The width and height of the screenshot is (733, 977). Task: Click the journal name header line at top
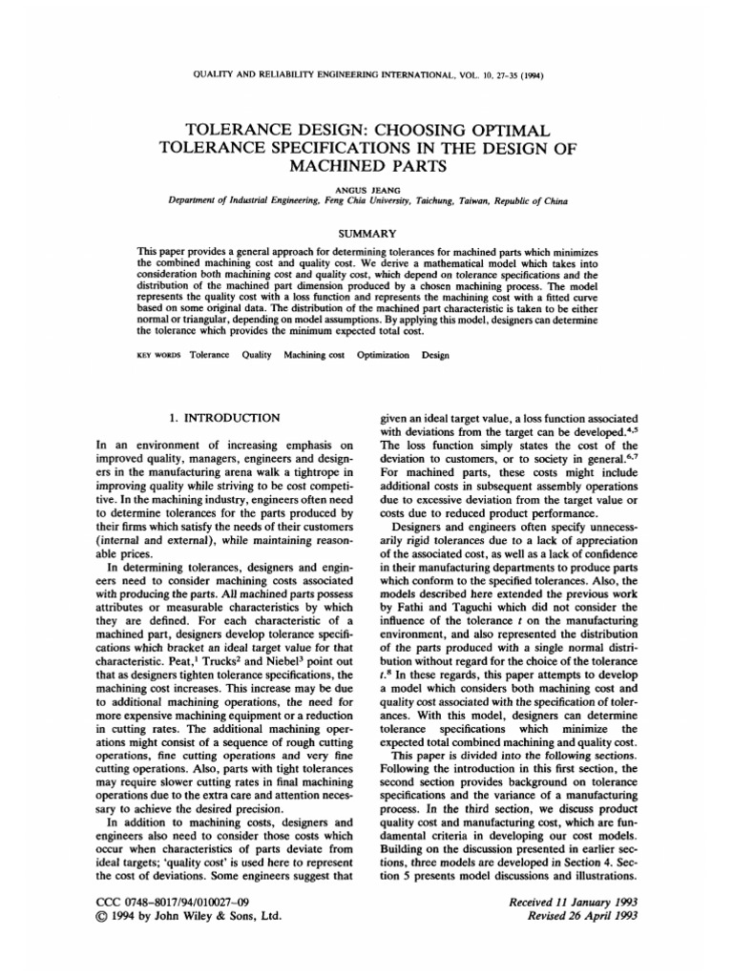point(366,75)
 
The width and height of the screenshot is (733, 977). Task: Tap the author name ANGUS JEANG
point(366,189)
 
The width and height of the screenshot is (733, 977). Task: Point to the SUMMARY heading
point(366,232)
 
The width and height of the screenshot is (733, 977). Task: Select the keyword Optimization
point(383,354)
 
